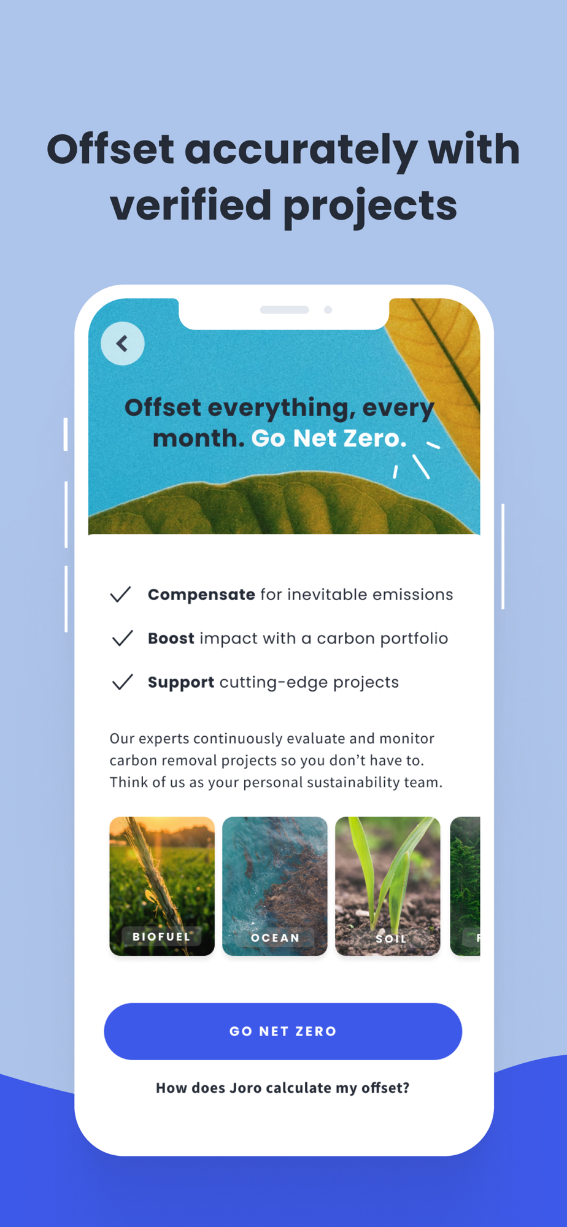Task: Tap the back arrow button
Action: (123, 344)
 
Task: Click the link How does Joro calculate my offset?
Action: (282, 1088)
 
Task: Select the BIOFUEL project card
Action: (162, 886)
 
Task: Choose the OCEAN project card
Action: (275, 886)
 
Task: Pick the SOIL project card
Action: (388, 886)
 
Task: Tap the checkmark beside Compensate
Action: (121, 594)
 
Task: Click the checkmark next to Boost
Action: (123, 638)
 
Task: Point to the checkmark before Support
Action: (123, 682)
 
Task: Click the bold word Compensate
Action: (201, 595)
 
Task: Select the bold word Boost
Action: (171, 638)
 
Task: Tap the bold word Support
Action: (181, 683)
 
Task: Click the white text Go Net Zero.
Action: (329, 438)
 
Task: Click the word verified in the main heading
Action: (191, 205)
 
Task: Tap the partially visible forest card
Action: (465, 886)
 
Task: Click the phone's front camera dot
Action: (328, 310)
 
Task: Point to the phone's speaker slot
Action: (285, 310)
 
